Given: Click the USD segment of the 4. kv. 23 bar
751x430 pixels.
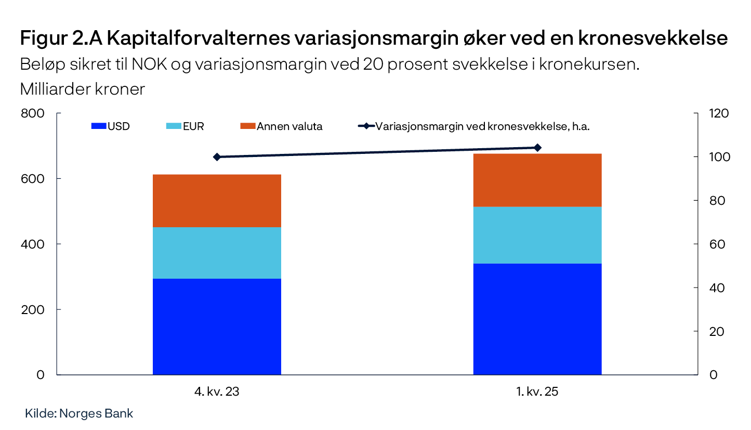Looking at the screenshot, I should coord(217,327).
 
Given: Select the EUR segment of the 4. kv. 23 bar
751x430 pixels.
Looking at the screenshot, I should coord(217,253).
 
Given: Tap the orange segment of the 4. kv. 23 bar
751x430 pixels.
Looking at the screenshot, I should coord(217,201).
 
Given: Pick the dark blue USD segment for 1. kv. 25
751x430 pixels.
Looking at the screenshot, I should coord(537,319).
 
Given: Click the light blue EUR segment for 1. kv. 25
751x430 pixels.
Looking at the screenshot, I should coord(537,235).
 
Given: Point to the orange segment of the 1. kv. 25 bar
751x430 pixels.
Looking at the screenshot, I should coord(537,180).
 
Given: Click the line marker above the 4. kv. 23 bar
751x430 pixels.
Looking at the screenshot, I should coord(217,157).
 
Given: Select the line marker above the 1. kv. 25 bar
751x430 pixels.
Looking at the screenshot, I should coord(537,148).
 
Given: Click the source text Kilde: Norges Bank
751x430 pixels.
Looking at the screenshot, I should coord(79,414).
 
